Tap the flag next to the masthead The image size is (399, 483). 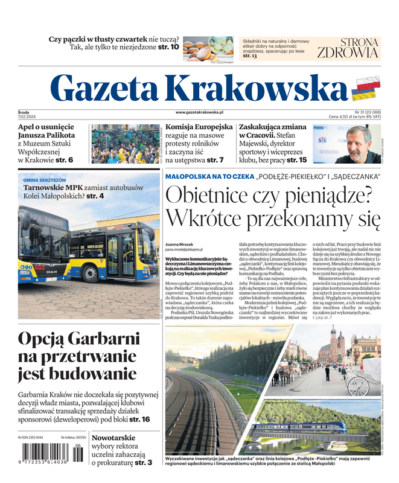pyautogui.click(x=365, y=89)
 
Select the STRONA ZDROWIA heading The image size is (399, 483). pyautogui.click(x=347, y=48)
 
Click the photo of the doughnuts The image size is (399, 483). pyautogui.click(x=208, y=48)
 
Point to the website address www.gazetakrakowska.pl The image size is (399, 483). pyautogui.click(x=199, y=112)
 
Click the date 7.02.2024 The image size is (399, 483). pyautogui.click(x=28, y=117)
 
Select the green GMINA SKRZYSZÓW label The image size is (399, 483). pyautogui.click(x=45, y=180)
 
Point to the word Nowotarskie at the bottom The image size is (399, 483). pyautogui.click(x=117, y=438)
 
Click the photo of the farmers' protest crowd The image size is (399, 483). pyautogui.click(x=126, y=144)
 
